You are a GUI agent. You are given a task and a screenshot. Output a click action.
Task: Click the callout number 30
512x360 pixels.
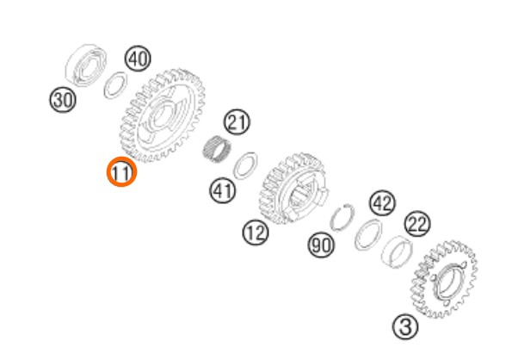pos(63,100)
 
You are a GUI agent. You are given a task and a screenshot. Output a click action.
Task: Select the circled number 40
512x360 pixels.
pos(138,59)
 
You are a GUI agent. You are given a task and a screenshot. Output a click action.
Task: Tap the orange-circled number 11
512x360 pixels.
pos(121,172)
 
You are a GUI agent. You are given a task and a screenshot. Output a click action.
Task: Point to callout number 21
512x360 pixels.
pos(237,122)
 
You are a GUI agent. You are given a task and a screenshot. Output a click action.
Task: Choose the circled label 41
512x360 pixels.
pos(222,190)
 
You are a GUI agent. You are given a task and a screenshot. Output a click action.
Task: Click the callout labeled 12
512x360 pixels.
pos(256,233)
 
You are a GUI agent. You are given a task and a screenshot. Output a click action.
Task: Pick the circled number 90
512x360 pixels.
pos(321,245)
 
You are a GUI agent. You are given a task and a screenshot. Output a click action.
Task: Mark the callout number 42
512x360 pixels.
pos(383,203)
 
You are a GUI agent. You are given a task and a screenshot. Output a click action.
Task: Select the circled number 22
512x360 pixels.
pos(417,224)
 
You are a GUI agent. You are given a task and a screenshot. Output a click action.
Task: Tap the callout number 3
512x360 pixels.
pos(405,326)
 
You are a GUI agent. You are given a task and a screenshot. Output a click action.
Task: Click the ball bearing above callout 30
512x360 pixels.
pos(86,65)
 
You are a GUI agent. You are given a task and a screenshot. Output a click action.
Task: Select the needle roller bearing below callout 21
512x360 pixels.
pos(216,149)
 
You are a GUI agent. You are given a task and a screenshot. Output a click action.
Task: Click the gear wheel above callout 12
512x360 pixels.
pos(292,189)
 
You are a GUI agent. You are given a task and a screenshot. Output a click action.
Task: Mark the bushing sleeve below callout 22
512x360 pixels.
pos(397,251)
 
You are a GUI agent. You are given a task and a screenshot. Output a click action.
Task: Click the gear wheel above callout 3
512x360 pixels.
pos(443,280)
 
